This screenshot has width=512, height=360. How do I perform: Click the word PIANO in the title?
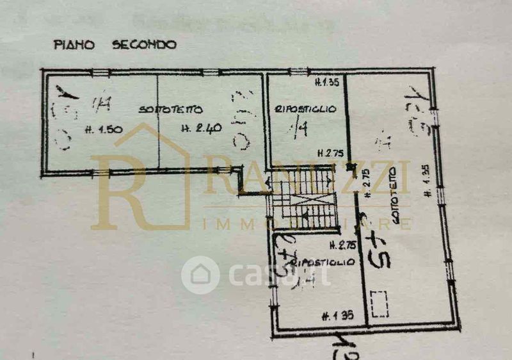click(74, 45)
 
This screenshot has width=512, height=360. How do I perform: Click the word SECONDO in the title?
click(144, 45)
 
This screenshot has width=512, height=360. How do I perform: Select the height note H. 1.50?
click(105, 129)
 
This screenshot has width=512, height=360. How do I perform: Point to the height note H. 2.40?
click(201, 128)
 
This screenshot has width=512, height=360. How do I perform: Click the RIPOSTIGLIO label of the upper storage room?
click(306, 110)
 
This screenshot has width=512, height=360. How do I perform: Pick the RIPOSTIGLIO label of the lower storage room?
click(322, 263)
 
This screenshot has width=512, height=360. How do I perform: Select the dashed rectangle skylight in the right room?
click(380, 303)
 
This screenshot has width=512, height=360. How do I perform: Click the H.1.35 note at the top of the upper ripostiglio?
click(327, 82)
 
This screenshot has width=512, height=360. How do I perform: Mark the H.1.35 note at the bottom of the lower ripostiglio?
click(338, 315)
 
